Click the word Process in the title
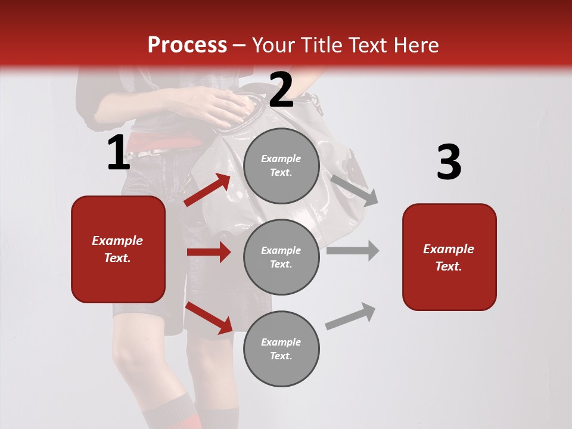click(187, 45)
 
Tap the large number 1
click(119, 153)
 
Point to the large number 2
click(281, 90)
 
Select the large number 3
click(449, 162)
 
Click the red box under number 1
click(118, 249)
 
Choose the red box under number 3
click(449, 257)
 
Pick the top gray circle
click(281, 166)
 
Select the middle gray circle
click(281, 257)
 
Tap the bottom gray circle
click(281, 349)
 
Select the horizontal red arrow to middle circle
click(209, 252)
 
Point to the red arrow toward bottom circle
click(209, 318)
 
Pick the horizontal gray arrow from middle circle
click(352, 250)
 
